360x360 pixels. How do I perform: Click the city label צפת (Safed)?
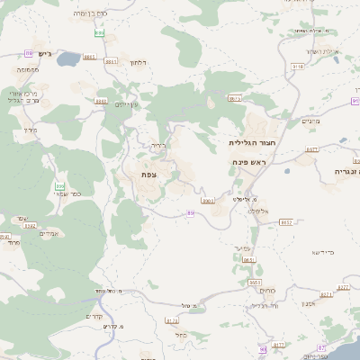[x=149, y=174]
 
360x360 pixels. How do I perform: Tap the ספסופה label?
[x=26, y=69]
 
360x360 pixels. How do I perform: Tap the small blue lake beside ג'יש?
[x=68, y=53]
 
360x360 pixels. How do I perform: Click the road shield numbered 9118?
[x=297, y=66]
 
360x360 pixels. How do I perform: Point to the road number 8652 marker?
[x=286, y=221]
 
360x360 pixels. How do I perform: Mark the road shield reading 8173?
[x=172, y=319]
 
